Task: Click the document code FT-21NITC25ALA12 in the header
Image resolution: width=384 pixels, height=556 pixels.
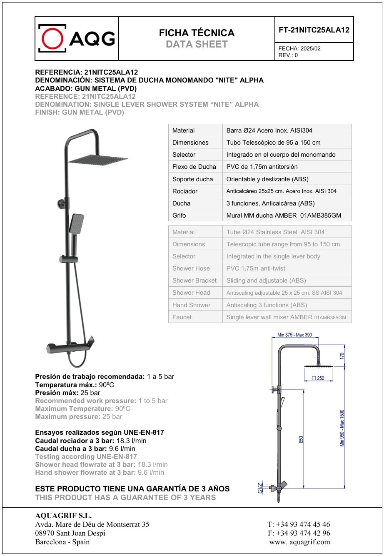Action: (314, 30)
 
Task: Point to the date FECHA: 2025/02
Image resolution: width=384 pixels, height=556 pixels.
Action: (299, 48)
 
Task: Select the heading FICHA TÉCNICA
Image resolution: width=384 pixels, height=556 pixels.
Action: (197, 33)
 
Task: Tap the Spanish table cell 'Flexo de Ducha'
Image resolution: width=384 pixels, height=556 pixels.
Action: (194, 167)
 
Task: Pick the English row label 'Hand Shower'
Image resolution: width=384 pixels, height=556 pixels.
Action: (191, 305)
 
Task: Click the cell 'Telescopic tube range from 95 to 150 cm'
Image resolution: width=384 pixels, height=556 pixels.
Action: (283, 244)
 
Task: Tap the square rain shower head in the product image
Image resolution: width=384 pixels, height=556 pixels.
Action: (98, 159)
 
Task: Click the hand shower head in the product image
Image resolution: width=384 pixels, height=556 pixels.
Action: (77, 223)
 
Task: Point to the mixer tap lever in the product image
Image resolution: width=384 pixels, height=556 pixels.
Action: (90, 343)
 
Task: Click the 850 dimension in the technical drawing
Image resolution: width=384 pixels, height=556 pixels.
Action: (301, 440)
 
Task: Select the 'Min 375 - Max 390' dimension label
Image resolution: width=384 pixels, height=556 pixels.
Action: (294, 335)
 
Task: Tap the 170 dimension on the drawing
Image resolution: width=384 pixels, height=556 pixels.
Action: (342, 356)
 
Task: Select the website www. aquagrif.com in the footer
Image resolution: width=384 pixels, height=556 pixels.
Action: (300, 542)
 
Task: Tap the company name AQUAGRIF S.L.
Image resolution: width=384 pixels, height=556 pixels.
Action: (63, 516)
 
